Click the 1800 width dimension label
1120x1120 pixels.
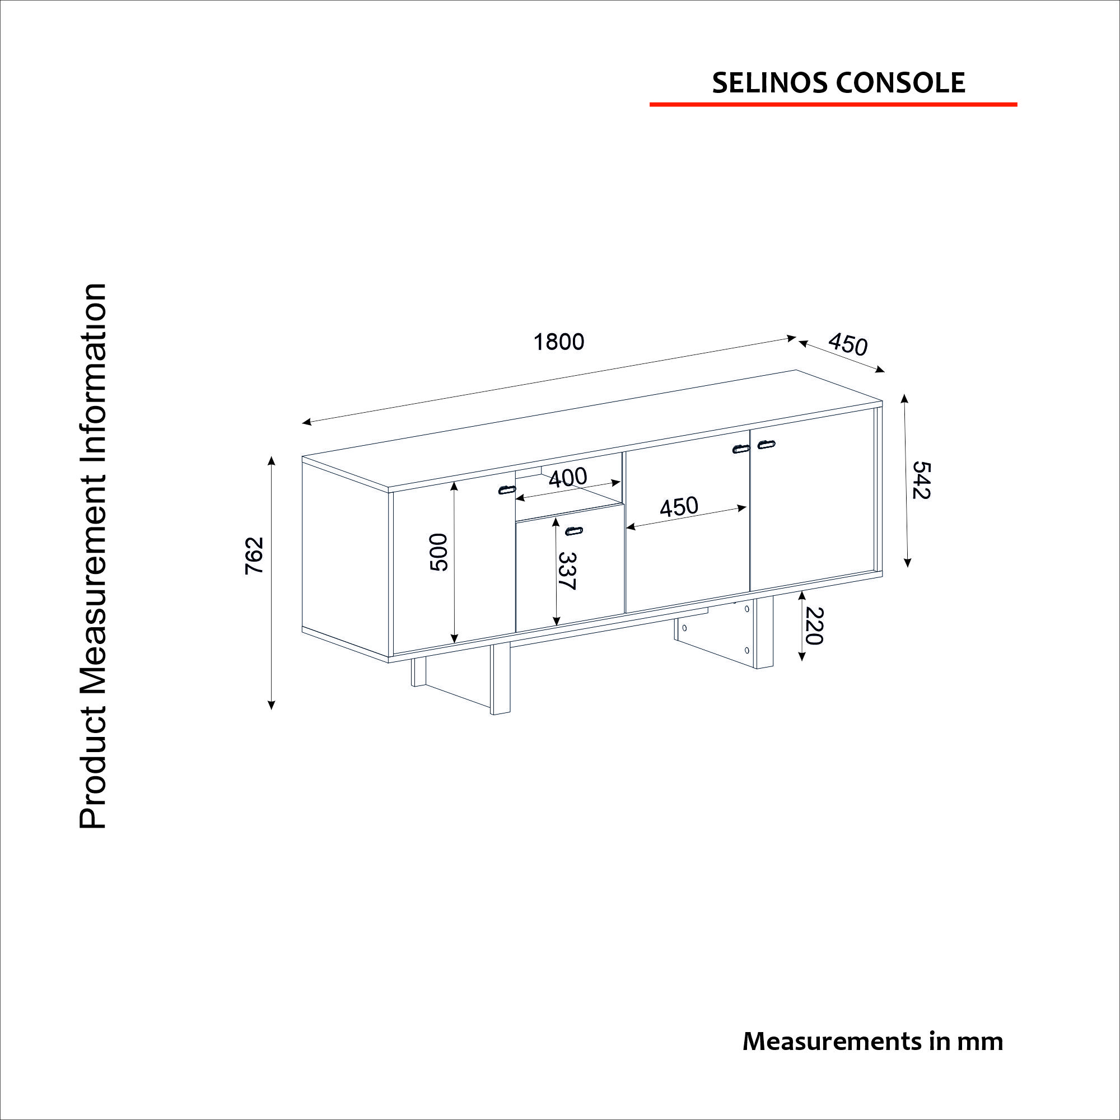point(559,342)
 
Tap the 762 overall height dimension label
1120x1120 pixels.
point(254,556)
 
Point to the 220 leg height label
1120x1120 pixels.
point(814,626)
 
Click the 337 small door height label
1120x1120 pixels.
point(567,571)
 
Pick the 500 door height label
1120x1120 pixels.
point(440,553)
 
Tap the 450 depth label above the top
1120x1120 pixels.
point(847,344)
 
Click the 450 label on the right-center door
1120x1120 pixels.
point(679,507)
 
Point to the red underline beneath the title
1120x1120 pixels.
point(833,104)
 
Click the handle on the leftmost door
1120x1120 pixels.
point(507,489)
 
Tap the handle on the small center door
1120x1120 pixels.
point(574,530)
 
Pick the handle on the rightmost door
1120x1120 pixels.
point(767,445)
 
